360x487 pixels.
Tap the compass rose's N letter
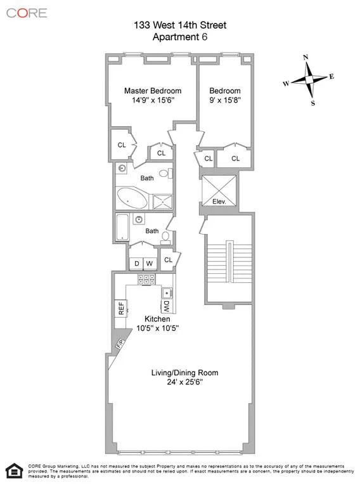tap(306, 57)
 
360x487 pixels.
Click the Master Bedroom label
tap(152, 91)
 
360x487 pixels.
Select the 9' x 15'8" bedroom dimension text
tap(225, 100)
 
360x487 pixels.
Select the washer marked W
tap(150, 263)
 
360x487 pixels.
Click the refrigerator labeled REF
tap(120, 308)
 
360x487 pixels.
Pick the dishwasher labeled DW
tap(166, 306)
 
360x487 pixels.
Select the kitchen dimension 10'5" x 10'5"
tap(158, 328)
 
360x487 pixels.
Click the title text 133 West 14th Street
tap(180, 25)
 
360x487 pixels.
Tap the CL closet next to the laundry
tap(169, 259)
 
